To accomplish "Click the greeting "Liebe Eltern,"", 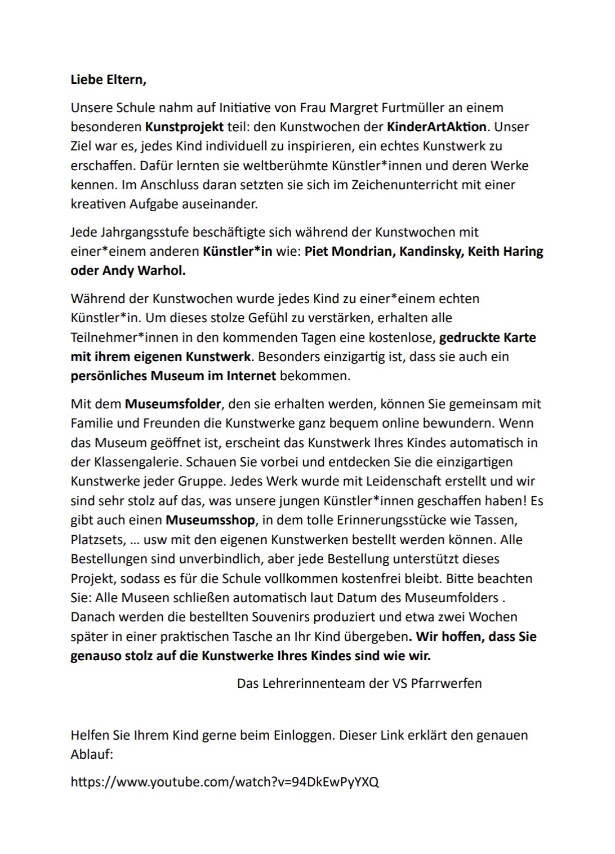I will point(108,80).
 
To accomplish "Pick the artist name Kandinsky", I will point(430,251).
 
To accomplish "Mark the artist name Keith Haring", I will point(506,251).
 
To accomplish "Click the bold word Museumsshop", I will point(210,520).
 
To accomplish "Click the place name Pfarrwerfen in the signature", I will point(446,683).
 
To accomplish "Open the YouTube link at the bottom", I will point(225,782).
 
